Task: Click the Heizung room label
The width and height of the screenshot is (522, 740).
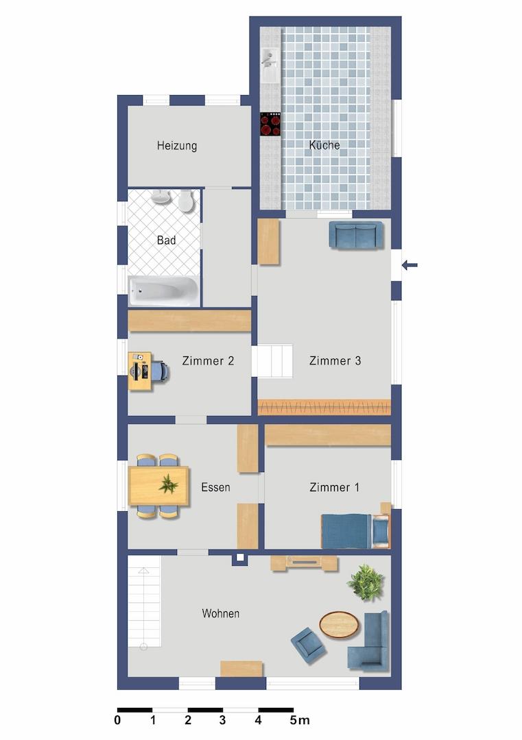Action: (x=177, y=146)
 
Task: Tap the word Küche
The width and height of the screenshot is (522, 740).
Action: (x=324, y=145)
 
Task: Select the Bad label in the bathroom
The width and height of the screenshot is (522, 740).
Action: (x=166, y=241)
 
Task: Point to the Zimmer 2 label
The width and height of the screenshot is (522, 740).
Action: (x=208, y=361)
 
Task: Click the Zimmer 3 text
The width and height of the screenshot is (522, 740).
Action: (x=335, y=361)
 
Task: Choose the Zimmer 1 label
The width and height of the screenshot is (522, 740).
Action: (x=335, y=488)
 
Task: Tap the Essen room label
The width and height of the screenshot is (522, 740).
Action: (x=215, y=488)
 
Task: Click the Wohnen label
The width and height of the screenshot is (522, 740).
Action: (x=221, y=613)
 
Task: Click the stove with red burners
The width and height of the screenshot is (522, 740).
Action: (x=270, y=124)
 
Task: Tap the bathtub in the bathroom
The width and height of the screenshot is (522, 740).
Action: (x=163, y=291)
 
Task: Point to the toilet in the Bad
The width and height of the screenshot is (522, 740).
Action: (x=186, y=201)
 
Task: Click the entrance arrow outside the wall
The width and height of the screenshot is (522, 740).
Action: (x=410, y=265)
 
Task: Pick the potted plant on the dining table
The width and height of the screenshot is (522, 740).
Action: (x=168, y=484)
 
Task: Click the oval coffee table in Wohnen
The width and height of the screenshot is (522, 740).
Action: (x=339, y=625)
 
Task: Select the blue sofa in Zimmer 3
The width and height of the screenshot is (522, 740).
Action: (x=356, y=234)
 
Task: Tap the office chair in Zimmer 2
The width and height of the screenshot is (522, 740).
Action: (x=159, y=371)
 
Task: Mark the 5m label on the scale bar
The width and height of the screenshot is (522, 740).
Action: (x=300, y=720)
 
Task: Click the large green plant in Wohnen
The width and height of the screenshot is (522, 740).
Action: (x=366, y=582)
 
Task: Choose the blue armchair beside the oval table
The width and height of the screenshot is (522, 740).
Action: (x=308, y=645)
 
